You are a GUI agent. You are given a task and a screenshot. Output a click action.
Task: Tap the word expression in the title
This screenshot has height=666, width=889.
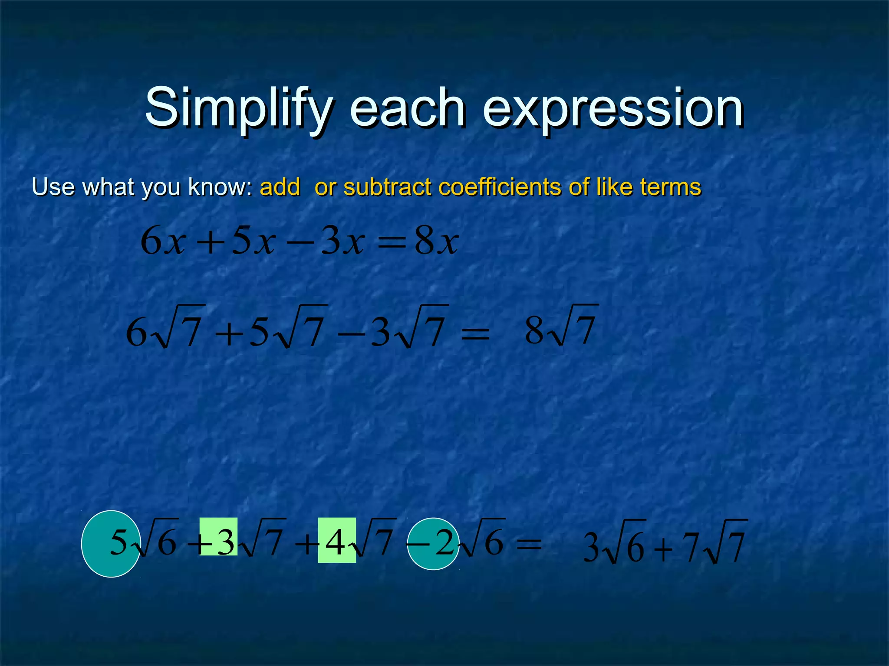click(x=612, y=108)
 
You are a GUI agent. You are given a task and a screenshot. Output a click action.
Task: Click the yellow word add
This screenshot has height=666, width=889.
click(x=280, y=187)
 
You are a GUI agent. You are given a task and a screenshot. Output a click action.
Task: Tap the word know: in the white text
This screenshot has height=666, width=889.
click(x=220, y=187)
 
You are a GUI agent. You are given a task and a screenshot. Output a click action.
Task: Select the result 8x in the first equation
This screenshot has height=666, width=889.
click(x=436, y=242)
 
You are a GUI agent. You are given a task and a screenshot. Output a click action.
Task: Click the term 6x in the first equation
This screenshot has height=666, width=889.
click(x=163, y=242)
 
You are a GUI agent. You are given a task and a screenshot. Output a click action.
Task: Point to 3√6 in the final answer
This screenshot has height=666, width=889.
click(x=614, y=546)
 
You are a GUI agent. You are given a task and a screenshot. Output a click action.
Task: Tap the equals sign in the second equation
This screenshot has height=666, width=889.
click(x=475, y=334)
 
